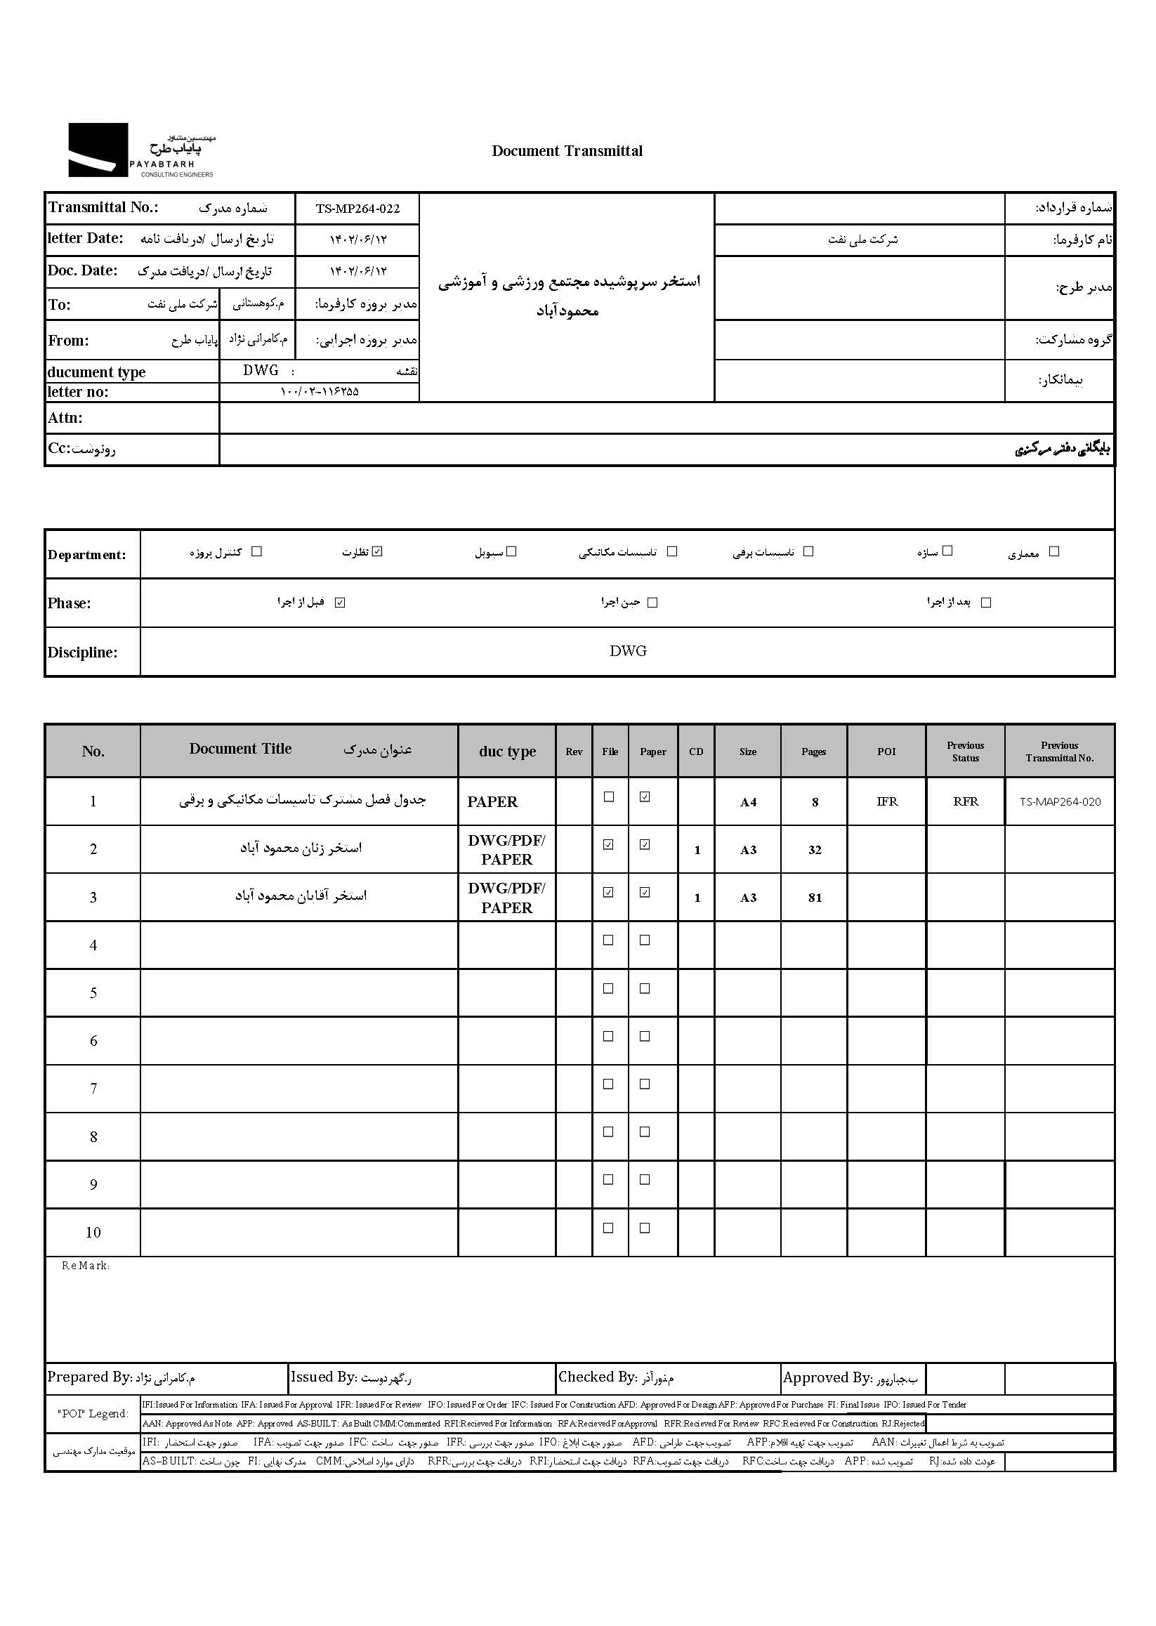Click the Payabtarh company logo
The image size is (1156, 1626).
click(x=141, y=150)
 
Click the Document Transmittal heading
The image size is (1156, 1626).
click(x=567, y=151)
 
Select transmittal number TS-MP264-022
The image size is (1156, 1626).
click(x=357, y=209)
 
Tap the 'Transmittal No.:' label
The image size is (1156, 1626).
click(x=103, y=207)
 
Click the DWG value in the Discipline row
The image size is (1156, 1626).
click(x=628, y=650)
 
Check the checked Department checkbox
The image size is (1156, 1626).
click(x=377, y=551)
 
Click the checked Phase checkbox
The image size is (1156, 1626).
click(x=340, y=602)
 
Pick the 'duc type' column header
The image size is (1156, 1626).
click(x=507, y=752)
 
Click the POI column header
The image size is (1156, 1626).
click(x=886, y=752)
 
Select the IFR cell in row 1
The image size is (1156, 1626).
click(x=887, y=801)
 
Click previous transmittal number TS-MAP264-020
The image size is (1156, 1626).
click(x=1060, y=801)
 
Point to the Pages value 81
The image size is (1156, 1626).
click(x=815, y=898)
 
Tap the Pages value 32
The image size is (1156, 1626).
click(x=815, y=850)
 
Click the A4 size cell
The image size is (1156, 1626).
click(x=747, y=802)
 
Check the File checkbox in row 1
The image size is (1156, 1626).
click(x=609, y=796)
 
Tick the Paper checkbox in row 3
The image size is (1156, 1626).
click(x=645, y=892)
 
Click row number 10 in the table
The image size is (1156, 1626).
click(x=93, y=1232)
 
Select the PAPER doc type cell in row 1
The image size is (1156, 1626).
click(x=492, y=802)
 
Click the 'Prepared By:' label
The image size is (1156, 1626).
click(x=90, y=1377)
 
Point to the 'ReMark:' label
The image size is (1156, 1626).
click(x=86, y=1266)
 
